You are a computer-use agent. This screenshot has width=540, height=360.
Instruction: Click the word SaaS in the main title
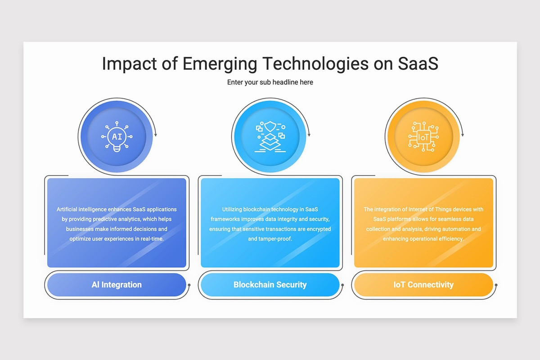click(x=418, y=63)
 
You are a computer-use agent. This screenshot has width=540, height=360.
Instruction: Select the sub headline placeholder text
click(x=270, y=82)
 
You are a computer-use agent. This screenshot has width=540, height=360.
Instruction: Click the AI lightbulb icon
click(x=117, y=136)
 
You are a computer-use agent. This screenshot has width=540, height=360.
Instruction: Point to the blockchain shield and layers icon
click(x=270, y=136)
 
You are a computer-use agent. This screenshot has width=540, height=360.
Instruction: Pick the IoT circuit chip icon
click(x=423, y=136)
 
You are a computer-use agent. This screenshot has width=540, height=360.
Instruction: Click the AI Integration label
click(x=117, y=284)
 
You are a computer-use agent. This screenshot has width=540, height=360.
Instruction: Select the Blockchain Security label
click(x=270, y=284)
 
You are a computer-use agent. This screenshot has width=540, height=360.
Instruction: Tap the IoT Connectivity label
click(x=423, y=284)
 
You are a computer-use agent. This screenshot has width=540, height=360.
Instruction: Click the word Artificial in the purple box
click(x=67, y=209)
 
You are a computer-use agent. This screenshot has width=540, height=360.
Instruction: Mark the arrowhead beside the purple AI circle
click(x=156, y=135)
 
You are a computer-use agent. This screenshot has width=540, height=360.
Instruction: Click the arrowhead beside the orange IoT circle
click(x=463, y=135)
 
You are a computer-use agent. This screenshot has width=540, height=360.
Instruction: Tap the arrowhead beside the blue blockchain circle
click(x=309, y=135)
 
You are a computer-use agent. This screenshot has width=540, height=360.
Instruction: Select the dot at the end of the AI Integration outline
click(x=189, y=285)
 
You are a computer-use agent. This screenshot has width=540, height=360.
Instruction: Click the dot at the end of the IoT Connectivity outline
click(x=496, y=285)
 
